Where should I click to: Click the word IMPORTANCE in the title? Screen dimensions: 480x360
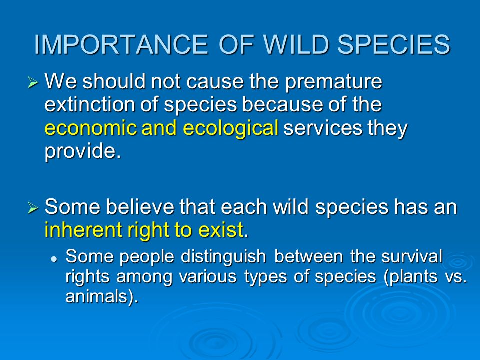click(x=121, y=44)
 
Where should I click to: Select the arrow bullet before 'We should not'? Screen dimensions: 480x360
click(x=33, y=82)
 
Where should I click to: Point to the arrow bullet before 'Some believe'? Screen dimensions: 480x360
click(x=33, y=208)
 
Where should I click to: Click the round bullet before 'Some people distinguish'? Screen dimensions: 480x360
click(x=54, y=259)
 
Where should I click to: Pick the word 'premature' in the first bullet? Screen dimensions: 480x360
click(x=333, y=82)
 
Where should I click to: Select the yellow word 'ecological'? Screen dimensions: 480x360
click(x=231, y=128)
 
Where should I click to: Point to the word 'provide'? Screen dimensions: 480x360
click(x=80, y=151)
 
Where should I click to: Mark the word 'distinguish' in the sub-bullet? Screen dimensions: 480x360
click(x=223, y=257)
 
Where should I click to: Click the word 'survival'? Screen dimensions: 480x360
click(x=412, y=256)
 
